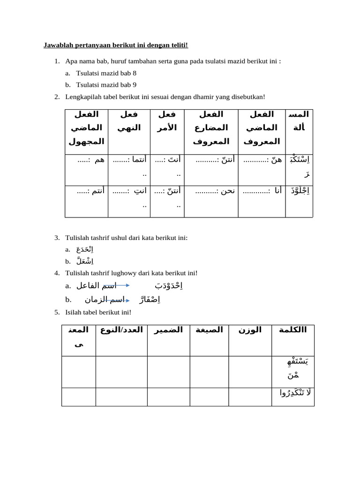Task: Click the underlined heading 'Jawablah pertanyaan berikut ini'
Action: [115, 45]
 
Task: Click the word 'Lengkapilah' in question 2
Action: [82, 97]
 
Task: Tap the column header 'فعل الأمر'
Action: [167, 121]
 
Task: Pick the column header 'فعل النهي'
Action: [129, 121]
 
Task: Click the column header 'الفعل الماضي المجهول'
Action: [86, 127]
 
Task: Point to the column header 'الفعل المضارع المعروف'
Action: [211, 127]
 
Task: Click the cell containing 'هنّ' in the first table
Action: [262, 160]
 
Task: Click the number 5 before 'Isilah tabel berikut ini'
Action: [56, 312]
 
